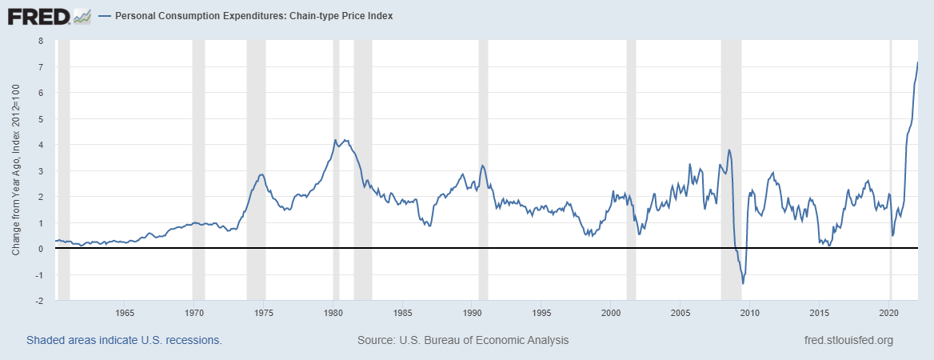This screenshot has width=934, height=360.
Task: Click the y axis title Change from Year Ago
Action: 16,170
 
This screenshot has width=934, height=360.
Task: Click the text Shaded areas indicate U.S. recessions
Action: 124,340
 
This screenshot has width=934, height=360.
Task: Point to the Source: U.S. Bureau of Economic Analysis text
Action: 463,340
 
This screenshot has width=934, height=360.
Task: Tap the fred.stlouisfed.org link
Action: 848,340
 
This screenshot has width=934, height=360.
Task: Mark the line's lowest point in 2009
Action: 743,283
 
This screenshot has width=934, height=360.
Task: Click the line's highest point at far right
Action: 917,62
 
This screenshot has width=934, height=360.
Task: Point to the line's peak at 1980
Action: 335,140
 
